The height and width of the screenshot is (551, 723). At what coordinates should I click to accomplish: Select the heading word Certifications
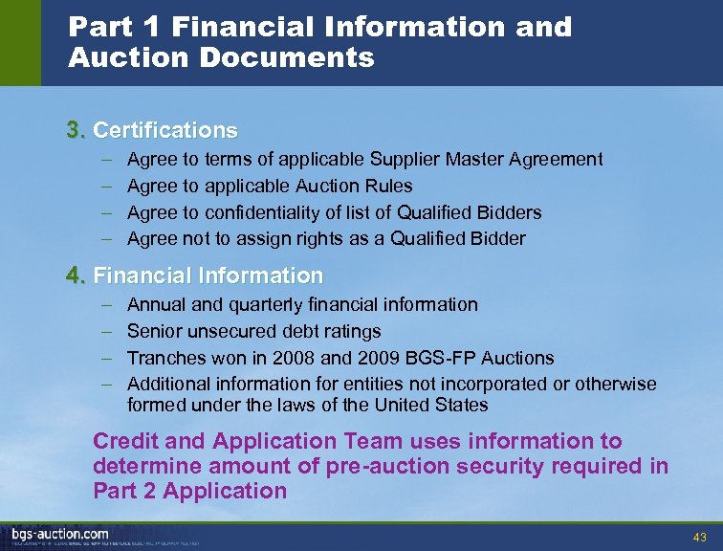coord(165,129)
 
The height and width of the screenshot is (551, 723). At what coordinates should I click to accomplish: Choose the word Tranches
coord(164,358)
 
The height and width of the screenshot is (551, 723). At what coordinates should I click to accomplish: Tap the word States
coord(463,405)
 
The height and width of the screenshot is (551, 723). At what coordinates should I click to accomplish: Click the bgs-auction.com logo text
coord(60,533)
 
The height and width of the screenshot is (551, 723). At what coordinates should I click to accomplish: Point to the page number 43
coord(699,537)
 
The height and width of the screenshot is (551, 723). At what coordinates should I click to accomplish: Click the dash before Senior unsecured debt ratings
coord(105,331)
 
